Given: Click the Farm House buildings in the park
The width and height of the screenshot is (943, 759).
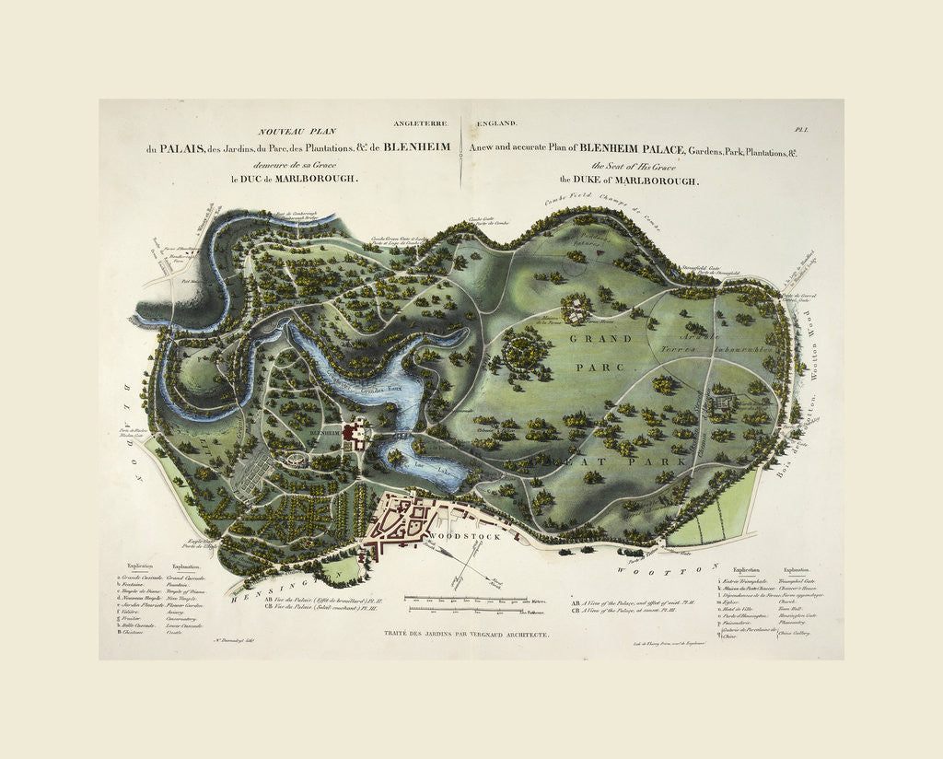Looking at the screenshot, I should point(576,309).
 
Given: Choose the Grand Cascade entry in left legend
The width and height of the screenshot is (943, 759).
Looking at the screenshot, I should point(191,576).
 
